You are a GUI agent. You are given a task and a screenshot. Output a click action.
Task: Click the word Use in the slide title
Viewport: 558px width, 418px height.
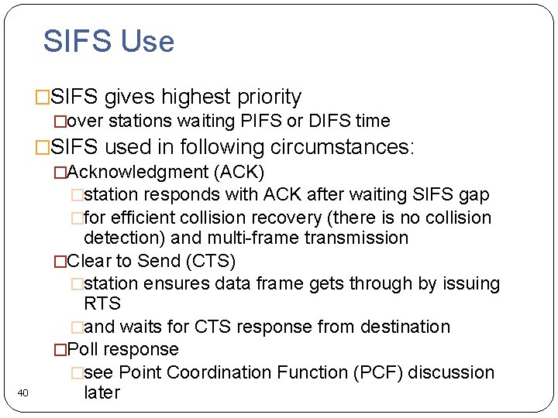(x=148, y=41)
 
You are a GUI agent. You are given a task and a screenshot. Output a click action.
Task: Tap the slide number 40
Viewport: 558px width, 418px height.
(x=22, y=394)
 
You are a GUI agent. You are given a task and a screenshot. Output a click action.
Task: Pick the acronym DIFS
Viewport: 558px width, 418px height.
(x=329, y=121)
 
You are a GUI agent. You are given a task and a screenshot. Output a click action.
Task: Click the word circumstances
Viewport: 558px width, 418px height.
(x=341, y=147)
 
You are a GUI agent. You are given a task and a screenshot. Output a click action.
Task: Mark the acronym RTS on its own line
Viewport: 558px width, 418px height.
(x=102, y=303)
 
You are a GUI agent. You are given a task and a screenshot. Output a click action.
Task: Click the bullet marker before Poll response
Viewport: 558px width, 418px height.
(x=60, y=350)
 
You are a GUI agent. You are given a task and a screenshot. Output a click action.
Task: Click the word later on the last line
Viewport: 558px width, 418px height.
(x=102, y=392)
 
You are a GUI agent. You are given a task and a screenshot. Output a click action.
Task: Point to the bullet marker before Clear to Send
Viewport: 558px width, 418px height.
(x=60, y=261)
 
